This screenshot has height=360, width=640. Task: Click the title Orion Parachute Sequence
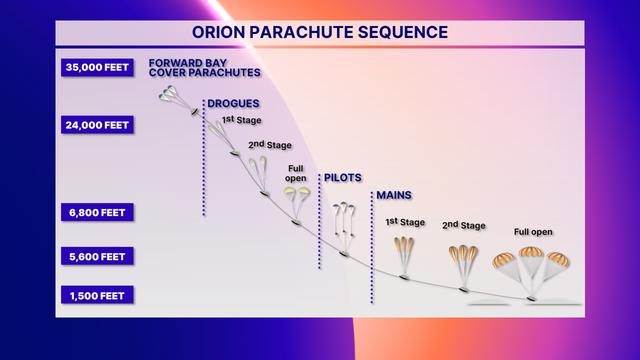click(x=319, y=32)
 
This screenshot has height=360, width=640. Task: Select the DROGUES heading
click(x=232, y=103)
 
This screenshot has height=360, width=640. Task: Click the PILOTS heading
click(x=343, y=178)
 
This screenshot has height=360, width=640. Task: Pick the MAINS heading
click(x=392, y=195)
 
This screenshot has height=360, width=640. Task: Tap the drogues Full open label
click(x=296, y=173)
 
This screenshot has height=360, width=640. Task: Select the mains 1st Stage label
click(x=404, y=222)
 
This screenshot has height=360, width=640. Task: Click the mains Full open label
click(x=534, y=231)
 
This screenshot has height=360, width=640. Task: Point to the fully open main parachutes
click(x=531, y=261)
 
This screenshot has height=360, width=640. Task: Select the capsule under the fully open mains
click(x=533, y=297)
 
